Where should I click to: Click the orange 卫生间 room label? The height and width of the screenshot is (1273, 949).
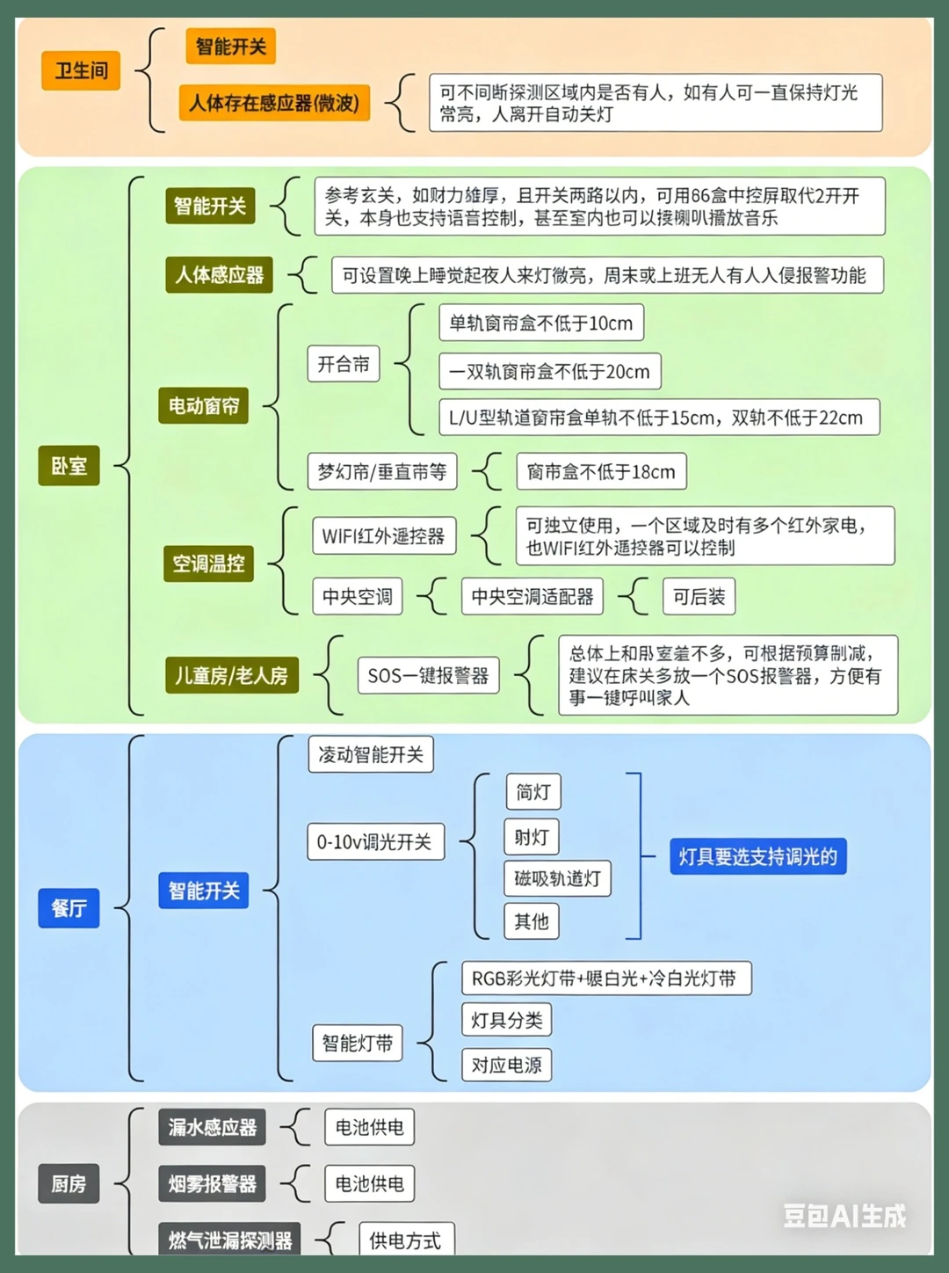(x=81, y=70)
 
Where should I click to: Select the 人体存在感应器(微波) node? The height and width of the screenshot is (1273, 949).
(x=274, y=103)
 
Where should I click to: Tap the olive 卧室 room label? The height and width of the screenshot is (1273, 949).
(x=69, y=465)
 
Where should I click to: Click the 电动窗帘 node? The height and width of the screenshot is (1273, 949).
(x=204, y=405)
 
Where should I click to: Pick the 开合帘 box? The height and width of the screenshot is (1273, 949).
(x=344, y=364)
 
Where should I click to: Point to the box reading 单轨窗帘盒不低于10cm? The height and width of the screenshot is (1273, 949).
(x=541, y=323)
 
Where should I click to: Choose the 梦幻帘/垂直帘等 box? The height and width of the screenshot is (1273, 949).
(x=382, y=472)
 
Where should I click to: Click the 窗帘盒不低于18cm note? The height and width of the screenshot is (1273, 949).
(x=601, y=472)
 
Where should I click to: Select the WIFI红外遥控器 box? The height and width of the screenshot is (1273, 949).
(x=384, y=535)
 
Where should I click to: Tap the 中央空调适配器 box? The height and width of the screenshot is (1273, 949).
(x=532, y=596)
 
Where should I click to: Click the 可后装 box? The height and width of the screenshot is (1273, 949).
(x=699, y=596)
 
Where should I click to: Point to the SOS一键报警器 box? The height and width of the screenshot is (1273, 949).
(x=428, y=675)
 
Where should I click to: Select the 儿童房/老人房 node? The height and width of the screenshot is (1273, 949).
(x=232, y=675)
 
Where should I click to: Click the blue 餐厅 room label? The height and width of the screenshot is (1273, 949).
(x=69, y=908)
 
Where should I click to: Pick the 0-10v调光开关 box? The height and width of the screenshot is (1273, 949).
(x=375, y=841)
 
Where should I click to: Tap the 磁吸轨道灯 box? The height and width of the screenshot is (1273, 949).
(x=557, y=878)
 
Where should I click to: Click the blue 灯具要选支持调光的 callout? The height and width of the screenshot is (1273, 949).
(x=758, y=856)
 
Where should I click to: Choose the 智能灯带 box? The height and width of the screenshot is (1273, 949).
(x=357, y=1044)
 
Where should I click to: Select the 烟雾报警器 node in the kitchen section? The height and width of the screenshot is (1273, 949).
(x=213, y=1184)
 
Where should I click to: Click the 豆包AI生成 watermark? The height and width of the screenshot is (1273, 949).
(x=844, y=1216)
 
